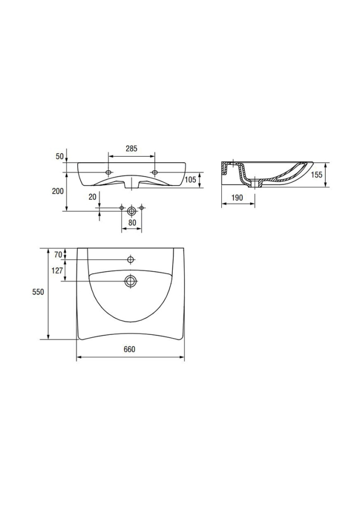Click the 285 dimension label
click(131, 149)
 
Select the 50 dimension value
click(59, 157)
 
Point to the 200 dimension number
click(58, 191)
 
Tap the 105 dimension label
click(190, 179)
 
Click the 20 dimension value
click(92, 197)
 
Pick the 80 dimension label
click(132, 223)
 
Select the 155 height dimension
click(317, 175)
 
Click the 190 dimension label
click(237, 198)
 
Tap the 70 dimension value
click(58, 255)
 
